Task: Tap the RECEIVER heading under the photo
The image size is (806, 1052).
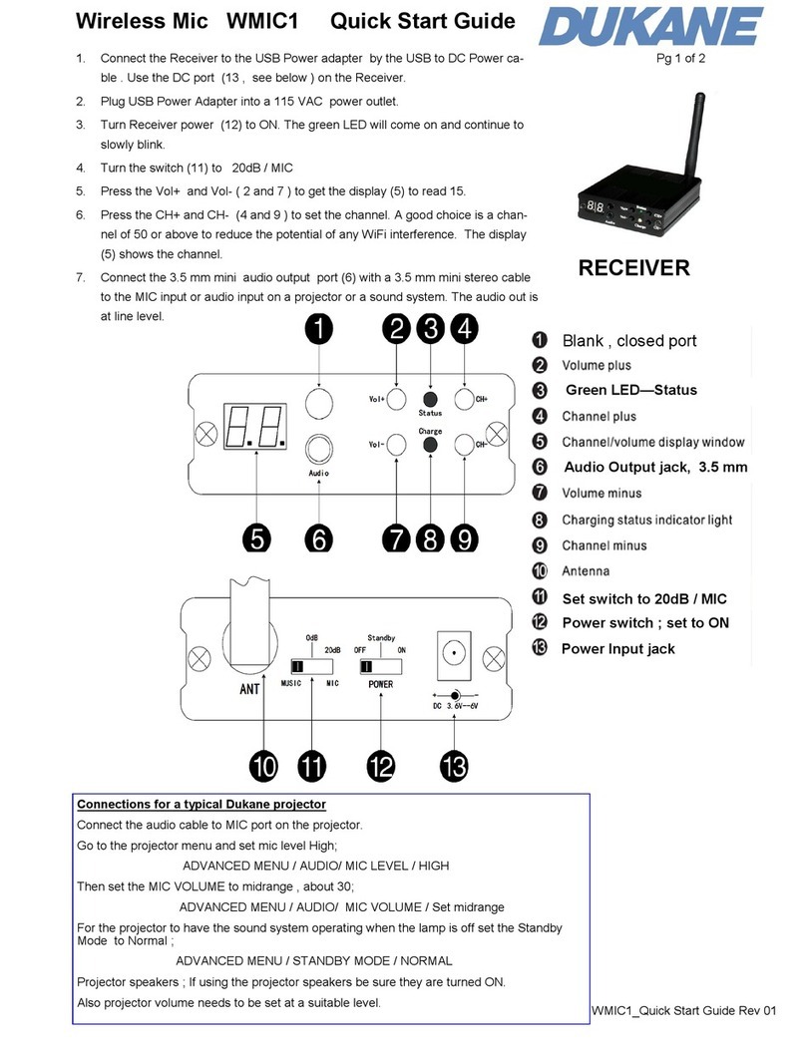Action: [634, 267]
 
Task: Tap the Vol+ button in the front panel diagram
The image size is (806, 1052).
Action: [396, 400]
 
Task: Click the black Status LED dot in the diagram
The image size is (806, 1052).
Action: [430, 397]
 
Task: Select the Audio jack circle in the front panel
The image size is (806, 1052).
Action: [318, 447]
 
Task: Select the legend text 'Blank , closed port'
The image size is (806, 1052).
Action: [629, 340]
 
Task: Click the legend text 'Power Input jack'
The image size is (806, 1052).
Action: [618, 648]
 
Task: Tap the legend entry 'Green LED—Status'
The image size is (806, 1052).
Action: [630, 390]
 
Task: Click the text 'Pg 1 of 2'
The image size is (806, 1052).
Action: [680, 59]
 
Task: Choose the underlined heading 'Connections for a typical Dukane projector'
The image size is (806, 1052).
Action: [201, 804]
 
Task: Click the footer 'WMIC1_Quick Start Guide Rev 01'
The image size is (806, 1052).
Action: [683, 1012]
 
